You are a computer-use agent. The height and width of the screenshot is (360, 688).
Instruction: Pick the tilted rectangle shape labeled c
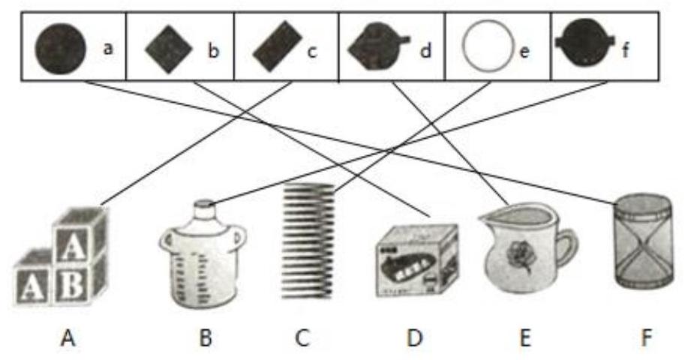point(276,49)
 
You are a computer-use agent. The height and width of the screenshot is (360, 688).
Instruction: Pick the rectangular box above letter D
point(418,259)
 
